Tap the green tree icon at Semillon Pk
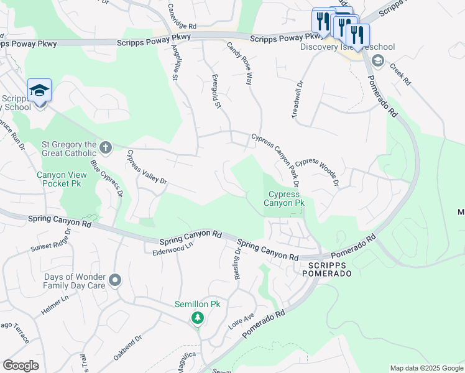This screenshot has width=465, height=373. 198,319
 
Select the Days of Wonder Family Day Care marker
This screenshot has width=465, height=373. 114,281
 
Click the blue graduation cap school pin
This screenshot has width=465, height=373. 39,91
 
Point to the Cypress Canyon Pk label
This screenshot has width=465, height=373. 287,198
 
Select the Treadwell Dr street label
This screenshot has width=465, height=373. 297,99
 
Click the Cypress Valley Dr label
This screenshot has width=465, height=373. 147,167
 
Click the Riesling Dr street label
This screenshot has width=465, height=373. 237,264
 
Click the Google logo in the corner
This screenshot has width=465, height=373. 21,365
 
